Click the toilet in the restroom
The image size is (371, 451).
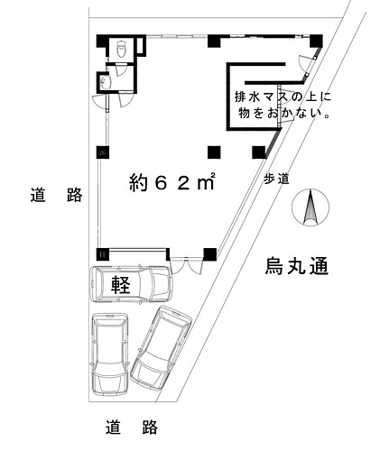click(121, 48)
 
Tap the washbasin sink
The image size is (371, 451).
click(104, 82)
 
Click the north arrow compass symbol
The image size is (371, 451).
click(311, 207)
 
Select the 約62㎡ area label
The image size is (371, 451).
click(172, 182)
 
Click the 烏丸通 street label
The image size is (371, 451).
click(296, 266)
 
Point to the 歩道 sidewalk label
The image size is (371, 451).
click(276, 179)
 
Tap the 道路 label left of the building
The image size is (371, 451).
click(56, 195)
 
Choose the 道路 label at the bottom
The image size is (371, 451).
click(132, 427)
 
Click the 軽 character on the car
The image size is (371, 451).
click(121, 284)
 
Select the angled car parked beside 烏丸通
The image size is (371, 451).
click(161, 348)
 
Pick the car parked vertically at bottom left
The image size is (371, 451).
click(110, 354)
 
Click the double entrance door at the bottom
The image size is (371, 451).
click(187, 265)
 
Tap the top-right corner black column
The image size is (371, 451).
click(316, 41)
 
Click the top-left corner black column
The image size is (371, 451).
click(102, 41)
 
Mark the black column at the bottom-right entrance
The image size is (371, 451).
click(210, 254)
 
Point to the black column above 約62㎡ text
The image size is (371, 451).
click(214, 152)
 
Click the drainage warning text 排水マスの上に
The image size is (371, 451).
click(283, 97)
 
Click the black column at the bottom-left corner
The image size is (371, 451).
click(102, 254)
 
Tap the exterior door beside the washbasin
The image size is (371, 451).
click(99, 101)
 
